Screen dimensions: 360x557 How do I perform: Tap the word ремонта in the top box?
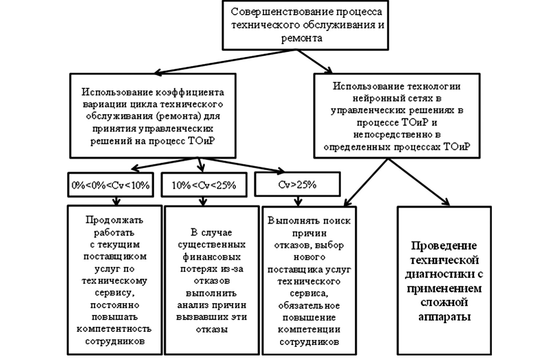[x=301, y=38]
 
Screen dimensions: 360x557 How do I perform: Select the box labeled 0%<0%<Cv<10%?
[x=110, y=185]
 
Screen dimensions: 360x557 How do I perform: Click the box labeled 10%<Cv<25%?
[x=204, y=185]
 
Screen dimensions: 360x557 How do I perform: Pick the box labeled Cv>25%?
[x=297, y=185]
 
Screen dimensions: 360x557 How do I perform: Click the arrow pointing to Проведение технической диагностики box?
[x=419, y=182]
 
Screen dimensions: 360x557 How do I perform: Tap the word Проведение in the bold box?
[x=444, y=246]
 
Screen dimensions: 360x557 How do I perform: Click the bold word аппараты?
[x=444, y=317]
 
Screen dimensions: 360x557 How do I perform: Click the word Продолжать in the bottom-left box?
[x=114, y=220]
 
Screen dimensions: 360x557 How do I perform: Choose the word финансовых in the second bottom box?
[x=212, y=257]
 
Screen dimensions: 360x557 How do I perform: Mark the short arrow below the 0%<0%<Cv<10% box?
[x=116, y=201]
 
